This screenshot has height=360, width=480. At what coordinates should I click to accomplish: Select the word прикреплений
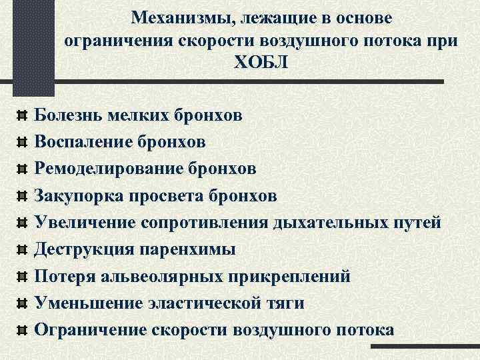point(285,276)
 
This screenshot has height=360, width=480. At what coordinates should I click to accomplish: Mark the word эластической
point(204,303)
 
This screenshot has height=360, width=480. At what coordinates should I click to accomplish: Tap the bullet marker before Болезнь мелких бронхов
point(21,116)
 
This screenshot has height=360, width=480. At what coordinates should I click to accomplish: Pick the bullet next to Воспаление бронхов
point(21,143)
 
